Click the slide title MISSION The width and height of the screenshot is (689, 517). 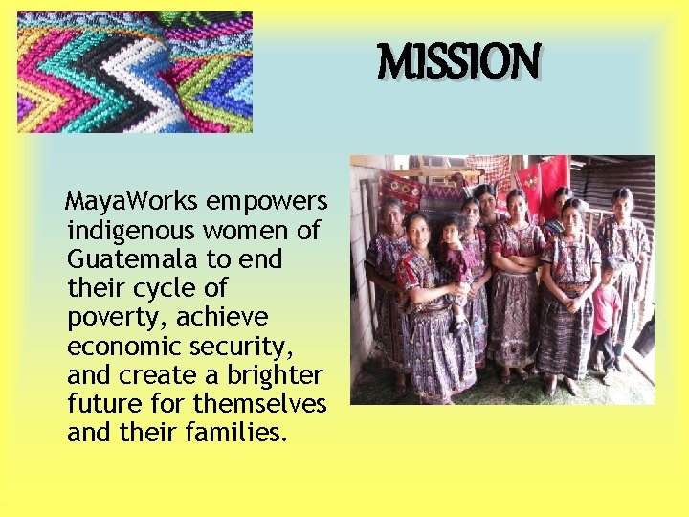point(459,61)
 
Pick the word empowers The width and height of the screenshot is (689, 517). point(267,202)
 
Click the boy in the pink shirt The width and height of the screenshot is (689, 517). point(605,311)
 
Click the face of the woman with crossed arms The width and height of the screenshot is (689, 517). point(517,204)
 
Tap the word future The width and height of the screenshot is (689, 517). point(101,403)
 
